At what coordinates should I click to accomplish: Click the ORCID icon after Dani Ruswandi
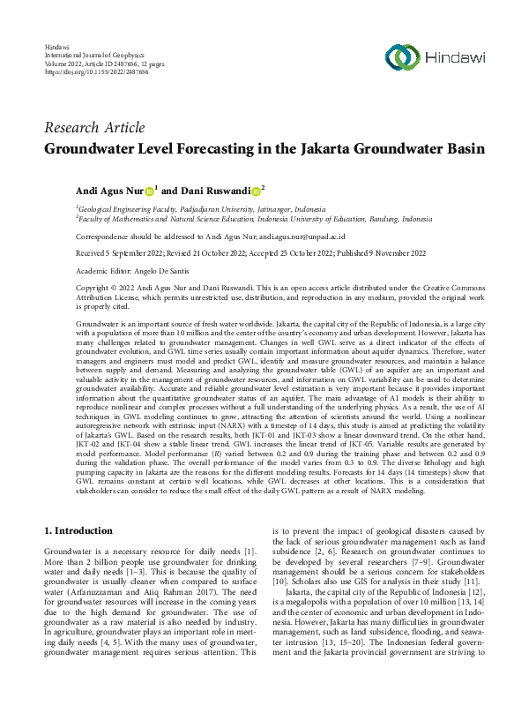click(255, 190)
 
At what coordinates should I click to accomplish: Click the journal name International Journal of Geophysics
click(94, 54)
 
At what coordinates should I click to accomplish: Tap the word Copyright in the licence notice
click(96, 288)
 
